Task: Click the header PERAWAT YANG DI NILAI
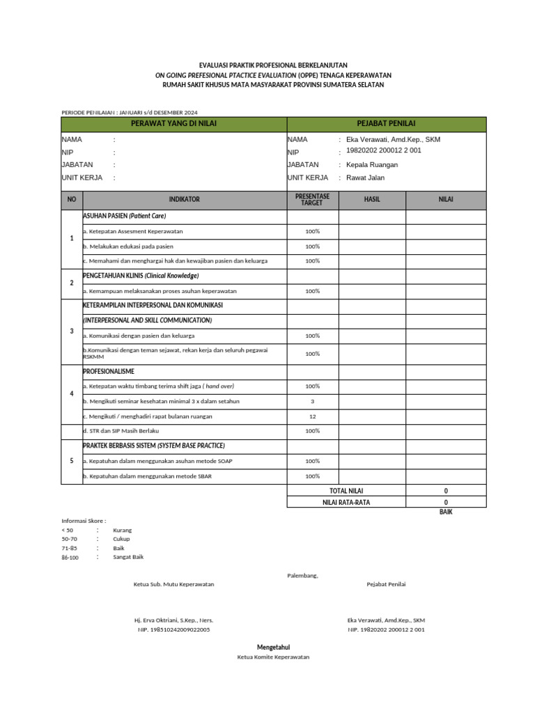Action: point(174,124)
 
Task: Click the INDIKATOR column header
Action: point(184,199)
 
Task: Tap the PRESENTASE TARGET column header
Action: point(312,200)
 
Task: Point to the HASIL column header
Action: point(372,199)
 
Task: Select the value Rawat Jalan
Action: point(365,178)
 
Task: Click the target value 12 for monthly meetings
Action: point(312,416)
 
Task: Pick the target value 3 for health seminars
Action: point(312,401)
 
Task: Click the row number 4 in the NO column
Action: point(72,394)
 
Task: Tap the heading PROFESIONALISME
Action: point(109,372)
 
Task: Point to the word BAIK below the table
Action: point(446,512)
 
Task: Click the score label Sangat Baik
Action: point(128,557)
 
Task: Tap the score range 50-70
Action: point(70,539)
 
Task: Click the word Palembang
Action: point(302,575)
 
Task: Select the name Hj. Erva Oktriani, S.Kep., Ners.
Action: point(173,620)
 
